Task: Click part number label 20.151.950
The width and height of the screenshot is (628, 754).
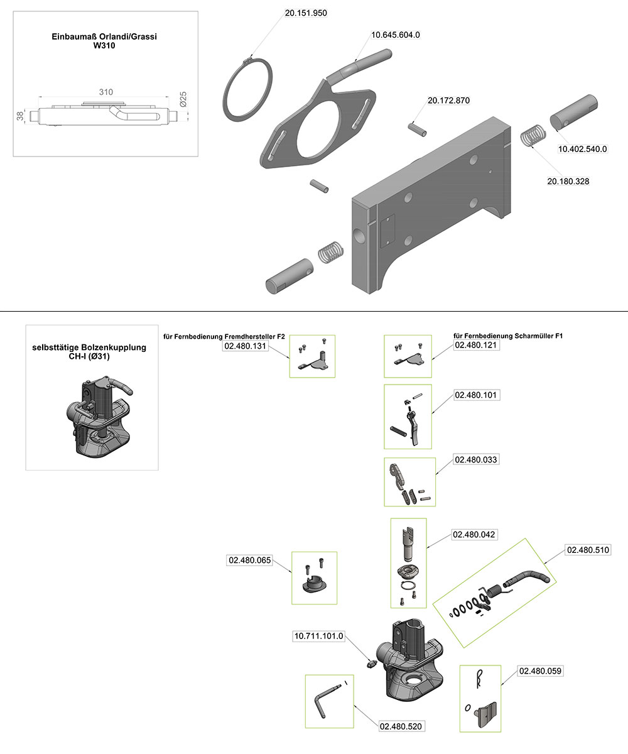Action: tap(305, 13)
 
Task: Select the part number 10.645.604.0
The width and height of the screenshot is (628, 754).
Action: tap(395, 35)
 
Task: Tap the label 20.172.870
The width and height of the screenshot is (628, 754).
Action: tap(448, 101)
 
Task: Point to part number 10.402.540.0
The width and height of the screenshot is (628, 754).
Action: tap(583, 149)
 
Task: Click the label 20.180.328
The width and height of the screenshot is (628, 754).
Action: tap(568, 181)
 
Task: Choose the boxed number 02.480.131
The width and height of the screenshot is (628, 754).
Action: tap(246, 345)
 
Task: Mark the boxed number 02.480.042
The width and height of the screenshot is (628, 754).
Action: tap(474, 535)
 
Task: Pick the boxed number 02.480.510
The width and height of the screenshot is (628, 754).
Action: tap(588, 550)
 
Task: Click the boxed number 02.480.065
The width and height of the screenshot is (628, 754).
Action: tap(249, 560)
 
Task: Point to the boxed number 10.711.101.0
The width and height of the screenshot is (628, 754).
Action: tap(319, 636)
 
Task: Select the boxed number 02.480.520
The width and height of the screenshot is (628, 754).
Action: tap(401, 726)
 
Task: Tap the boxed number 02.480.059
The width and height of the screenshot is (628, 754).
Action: tap(540, 671)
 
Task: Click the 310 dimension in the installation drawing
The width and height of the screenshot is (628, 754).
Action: tap(106, 92)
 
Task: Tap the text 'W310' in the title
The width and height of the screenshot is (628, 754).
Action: tap(104, 45)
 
